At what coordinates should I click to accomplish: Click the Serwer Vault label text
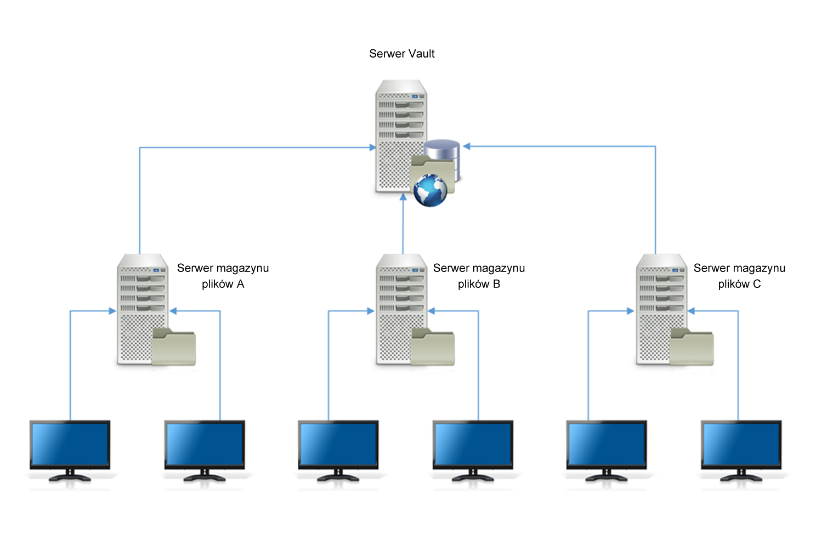[x=401, y=54]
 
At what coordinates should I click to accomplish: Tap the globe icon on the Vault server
[x=430, y=190]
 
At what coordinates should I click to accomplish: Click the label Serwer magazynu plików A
[x=223, y=276]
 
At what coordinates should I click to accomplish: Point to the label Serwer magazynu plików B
[x=479, y=276]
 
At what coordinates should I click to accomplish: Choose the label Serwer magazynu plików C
[x=739, y=276]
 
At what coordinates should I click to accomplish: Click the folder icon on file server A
[x=173, y=347]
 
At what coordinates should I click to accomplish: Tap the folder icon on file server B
[x=433, y=347]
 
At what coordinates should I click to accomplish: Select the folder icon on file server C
[x=692, y=347]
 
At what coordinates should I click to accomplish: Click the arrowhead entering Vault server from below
[x=403, y=197]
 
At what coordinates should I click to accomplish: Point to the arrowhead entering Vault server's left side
[x=372, y=148]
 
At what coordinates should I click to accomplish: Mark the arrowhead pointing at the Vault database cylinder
[x=467, y=146]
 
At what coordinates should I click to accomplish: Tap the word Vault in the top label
[x=421, y=54]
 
